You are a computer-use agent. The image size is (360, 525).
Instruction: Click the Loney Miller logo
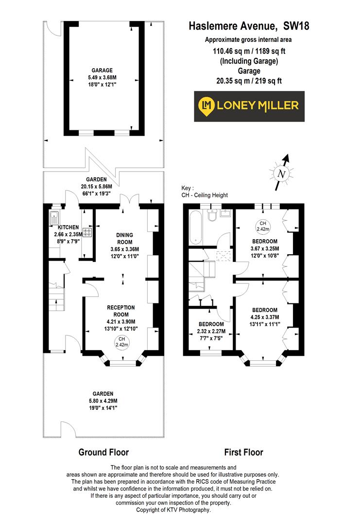tap(250, 106)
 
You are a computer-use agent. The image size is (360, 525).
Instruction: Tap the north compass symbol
tap(281, 173)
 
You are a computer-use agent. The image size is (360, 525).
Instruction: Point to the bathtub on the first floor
tap(194, 227)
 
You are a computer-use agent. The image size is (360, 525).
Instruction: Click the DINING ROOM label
tap(124, 239)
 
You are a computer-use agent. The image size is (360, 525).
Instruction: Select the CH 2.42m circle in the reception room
tap(121, 342)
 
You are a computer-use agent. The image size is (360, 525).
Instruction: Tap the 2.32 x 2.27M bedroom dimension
tap(211, 332)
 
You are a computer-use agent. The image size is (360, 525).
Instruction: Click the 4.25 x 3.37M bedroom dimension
tap(265, 317)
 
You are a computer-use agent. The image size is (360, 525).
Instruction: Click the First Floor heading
tap(243, 453)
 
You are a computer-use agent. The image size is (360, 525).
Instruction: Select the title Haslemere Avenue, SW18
tap(249, 27)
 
